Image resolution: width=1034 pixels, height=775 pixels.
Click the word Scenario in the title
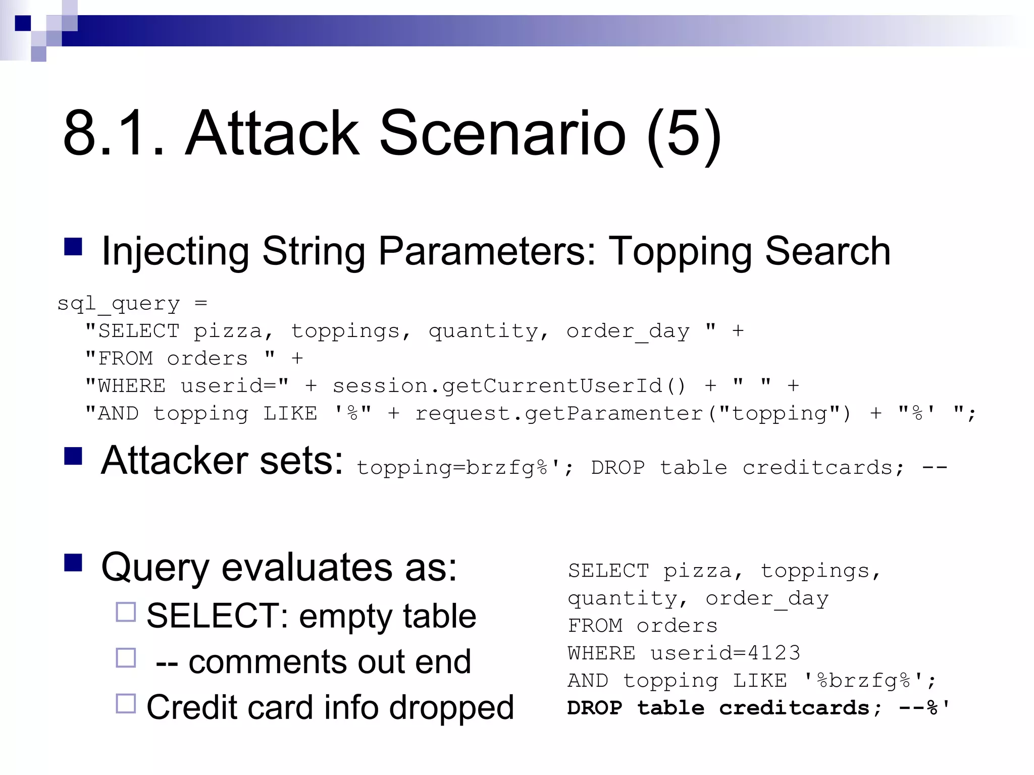point(502,134)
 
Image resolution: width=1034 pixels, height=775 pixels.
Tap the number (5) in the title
point(684,135)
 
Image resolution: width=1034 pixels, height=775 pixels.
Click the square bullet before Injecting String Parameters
point(73,247)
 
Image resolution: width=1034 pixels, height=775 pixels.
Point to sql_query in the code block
point(119,304)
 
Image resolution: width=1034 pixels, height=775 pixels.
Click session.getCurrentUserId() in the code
point(509,386)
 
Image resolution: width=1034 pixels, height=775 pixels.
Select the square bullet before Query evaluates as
point(73,562)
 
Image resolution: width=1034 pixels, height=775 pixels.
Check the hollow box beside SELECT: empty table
point(126,612)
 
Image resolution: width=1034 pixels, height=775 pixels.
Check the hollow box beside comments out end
point(126,657)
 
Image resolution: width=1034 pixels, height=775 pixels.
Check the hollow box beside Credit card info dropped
point(126,703)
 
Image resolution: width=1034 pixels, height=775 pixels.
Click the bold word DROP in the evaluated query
point(595,708)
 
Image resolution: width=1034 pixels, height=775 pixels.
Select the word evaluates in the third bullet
point(307,567)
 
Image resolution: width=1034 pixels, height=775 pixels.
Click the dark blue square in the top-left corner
point(23,23)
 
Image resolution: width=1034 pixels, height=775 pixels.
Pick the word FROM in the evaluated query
point(595,626)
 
